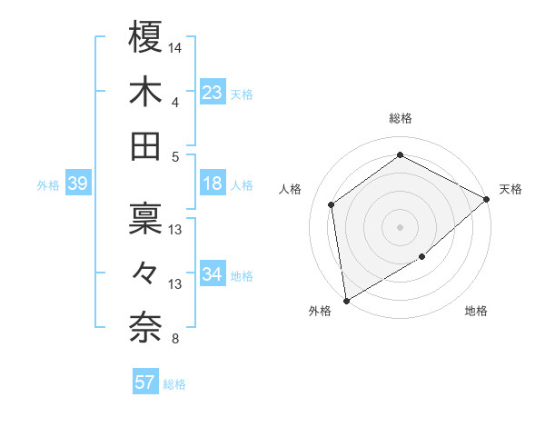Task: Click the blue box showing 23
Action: tap(213, 92)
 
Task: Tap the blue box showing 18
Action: tap(213, 184)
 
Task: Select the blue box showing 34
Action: tap(213, 274)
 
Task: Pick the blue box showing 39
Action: tap(77, 184)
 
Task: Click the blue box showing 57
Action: tap(144, 382)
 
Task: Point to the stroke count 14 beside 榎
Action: tap(175, 46)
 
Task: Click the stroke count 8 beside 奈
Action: tap(174, 340)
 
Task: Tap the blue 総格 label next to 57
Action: tap(174, 384)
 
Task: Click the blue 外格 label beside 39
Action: tap(48, 185)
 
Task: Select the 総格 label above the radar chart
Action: tap(401, 118)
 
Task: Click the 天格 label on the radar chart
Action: tap(510, 189)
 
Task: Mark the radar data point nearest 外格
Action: tap(346, 300)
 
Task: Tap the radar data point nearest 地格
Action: tap(422, 257)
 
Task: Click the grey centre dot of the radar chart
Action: tap(400, 226)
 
